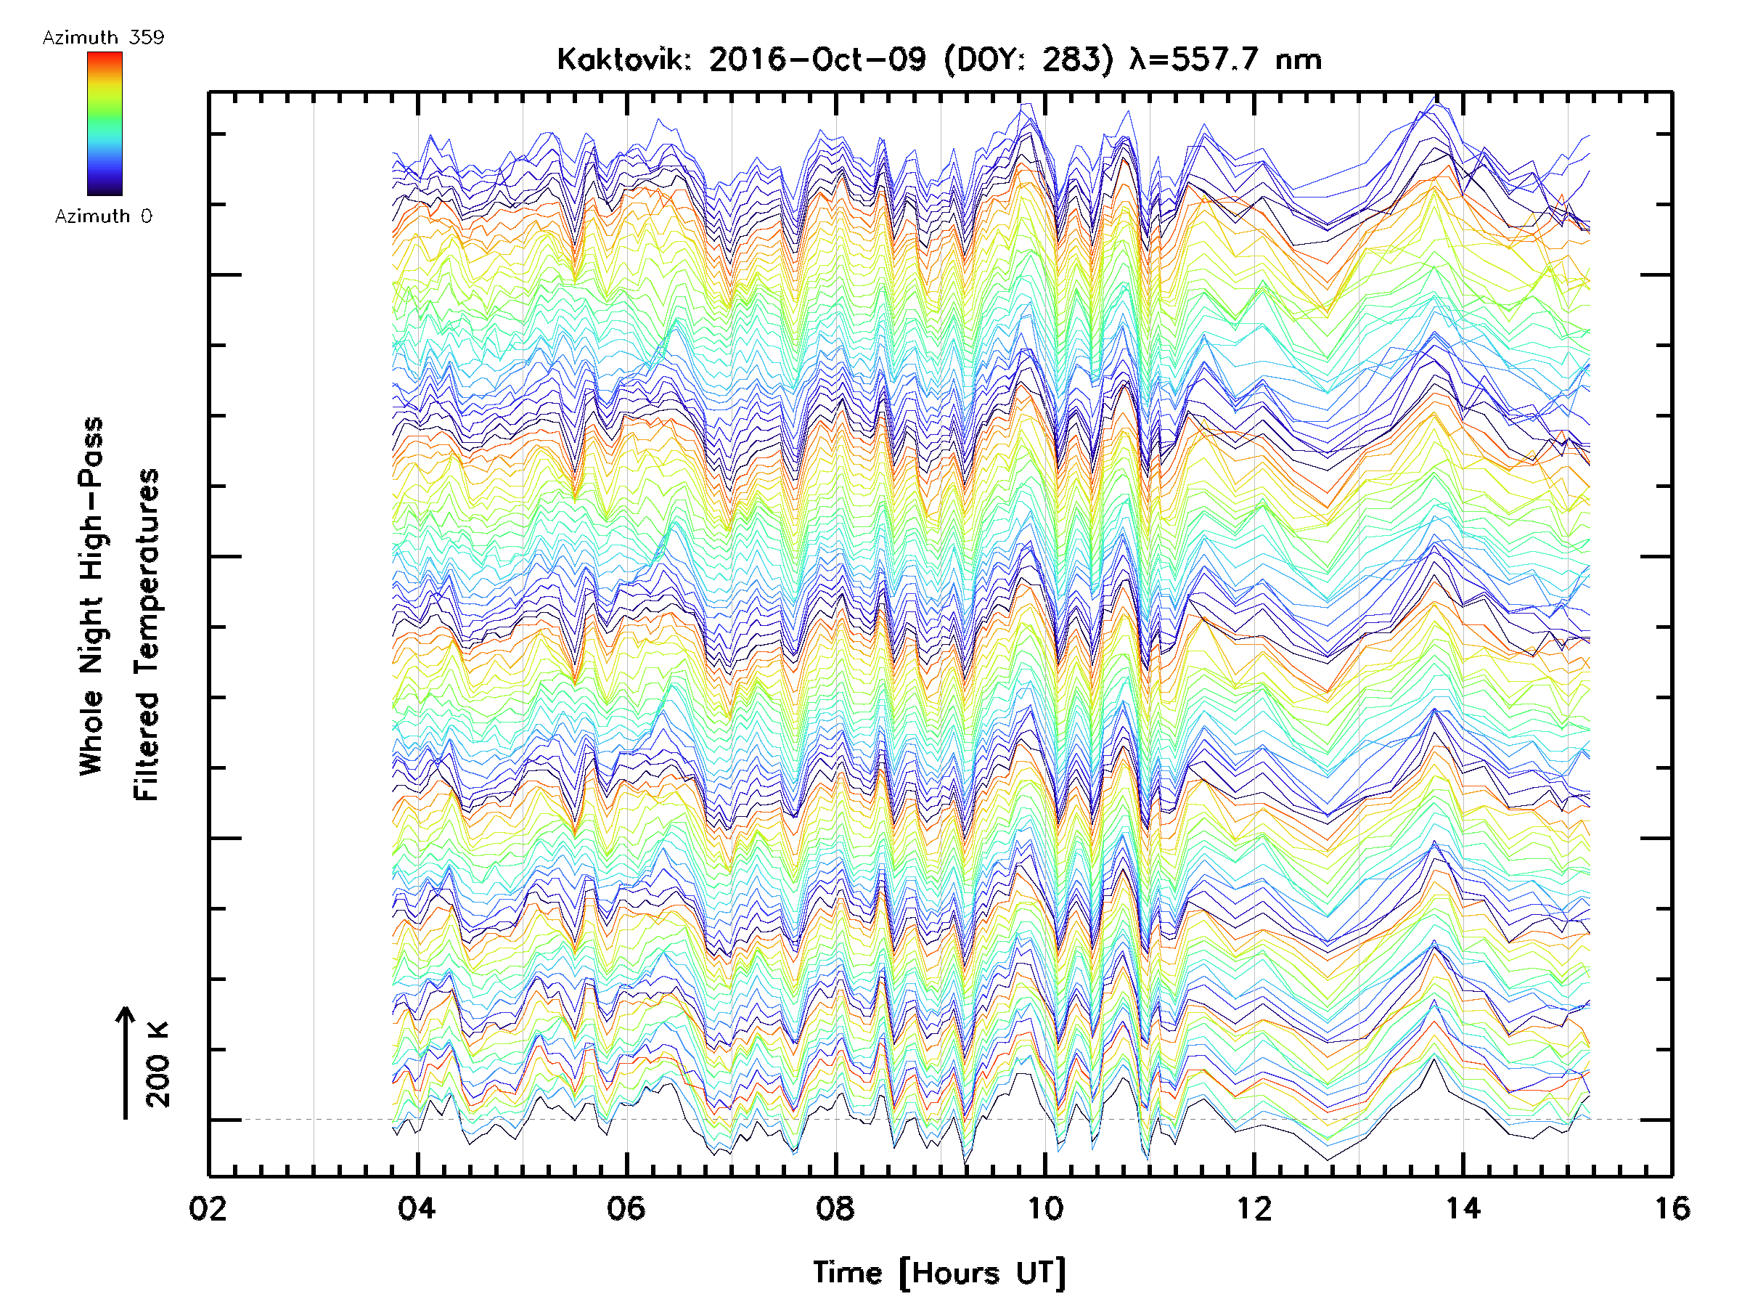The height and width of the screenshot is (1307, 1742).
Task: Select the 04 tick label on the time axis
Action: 417,1208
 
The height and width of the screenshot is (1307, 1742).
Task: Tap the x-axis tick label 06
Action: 626,1208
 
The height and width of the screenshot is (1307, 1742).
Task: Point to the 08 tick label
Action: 835,1208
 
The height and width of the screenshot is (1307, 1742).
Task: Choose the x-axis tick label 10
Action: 1045,1208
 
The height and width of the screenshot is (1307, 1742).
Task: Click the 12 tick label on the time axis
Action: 1254,1208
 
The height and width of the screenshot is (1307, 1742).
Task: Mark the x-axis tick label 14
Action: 1463,1208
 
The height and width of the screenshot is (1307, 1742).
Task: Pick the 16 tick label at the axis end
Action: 1671,1208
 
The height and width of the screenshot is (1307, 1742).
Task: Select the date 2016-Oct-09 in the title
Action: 817,60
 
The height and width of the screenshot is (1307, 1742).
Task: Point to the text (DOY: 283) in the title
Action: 1029,60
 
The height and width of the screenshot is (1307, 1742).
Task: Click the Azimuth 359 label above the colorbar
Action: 103,38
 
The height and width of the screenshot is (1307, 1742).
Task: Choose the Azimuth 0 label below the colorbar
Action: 103,216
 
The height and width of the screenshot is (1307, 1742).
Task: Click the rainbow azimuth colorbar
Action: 105,123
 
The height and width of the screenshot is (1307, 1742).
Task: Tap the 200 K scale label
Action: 158,1064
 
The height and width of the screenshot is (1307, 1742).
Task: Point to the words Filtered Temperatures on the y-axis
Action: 147,634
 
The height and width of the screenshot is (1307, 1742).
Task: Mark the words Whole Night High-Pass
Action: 91,595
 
